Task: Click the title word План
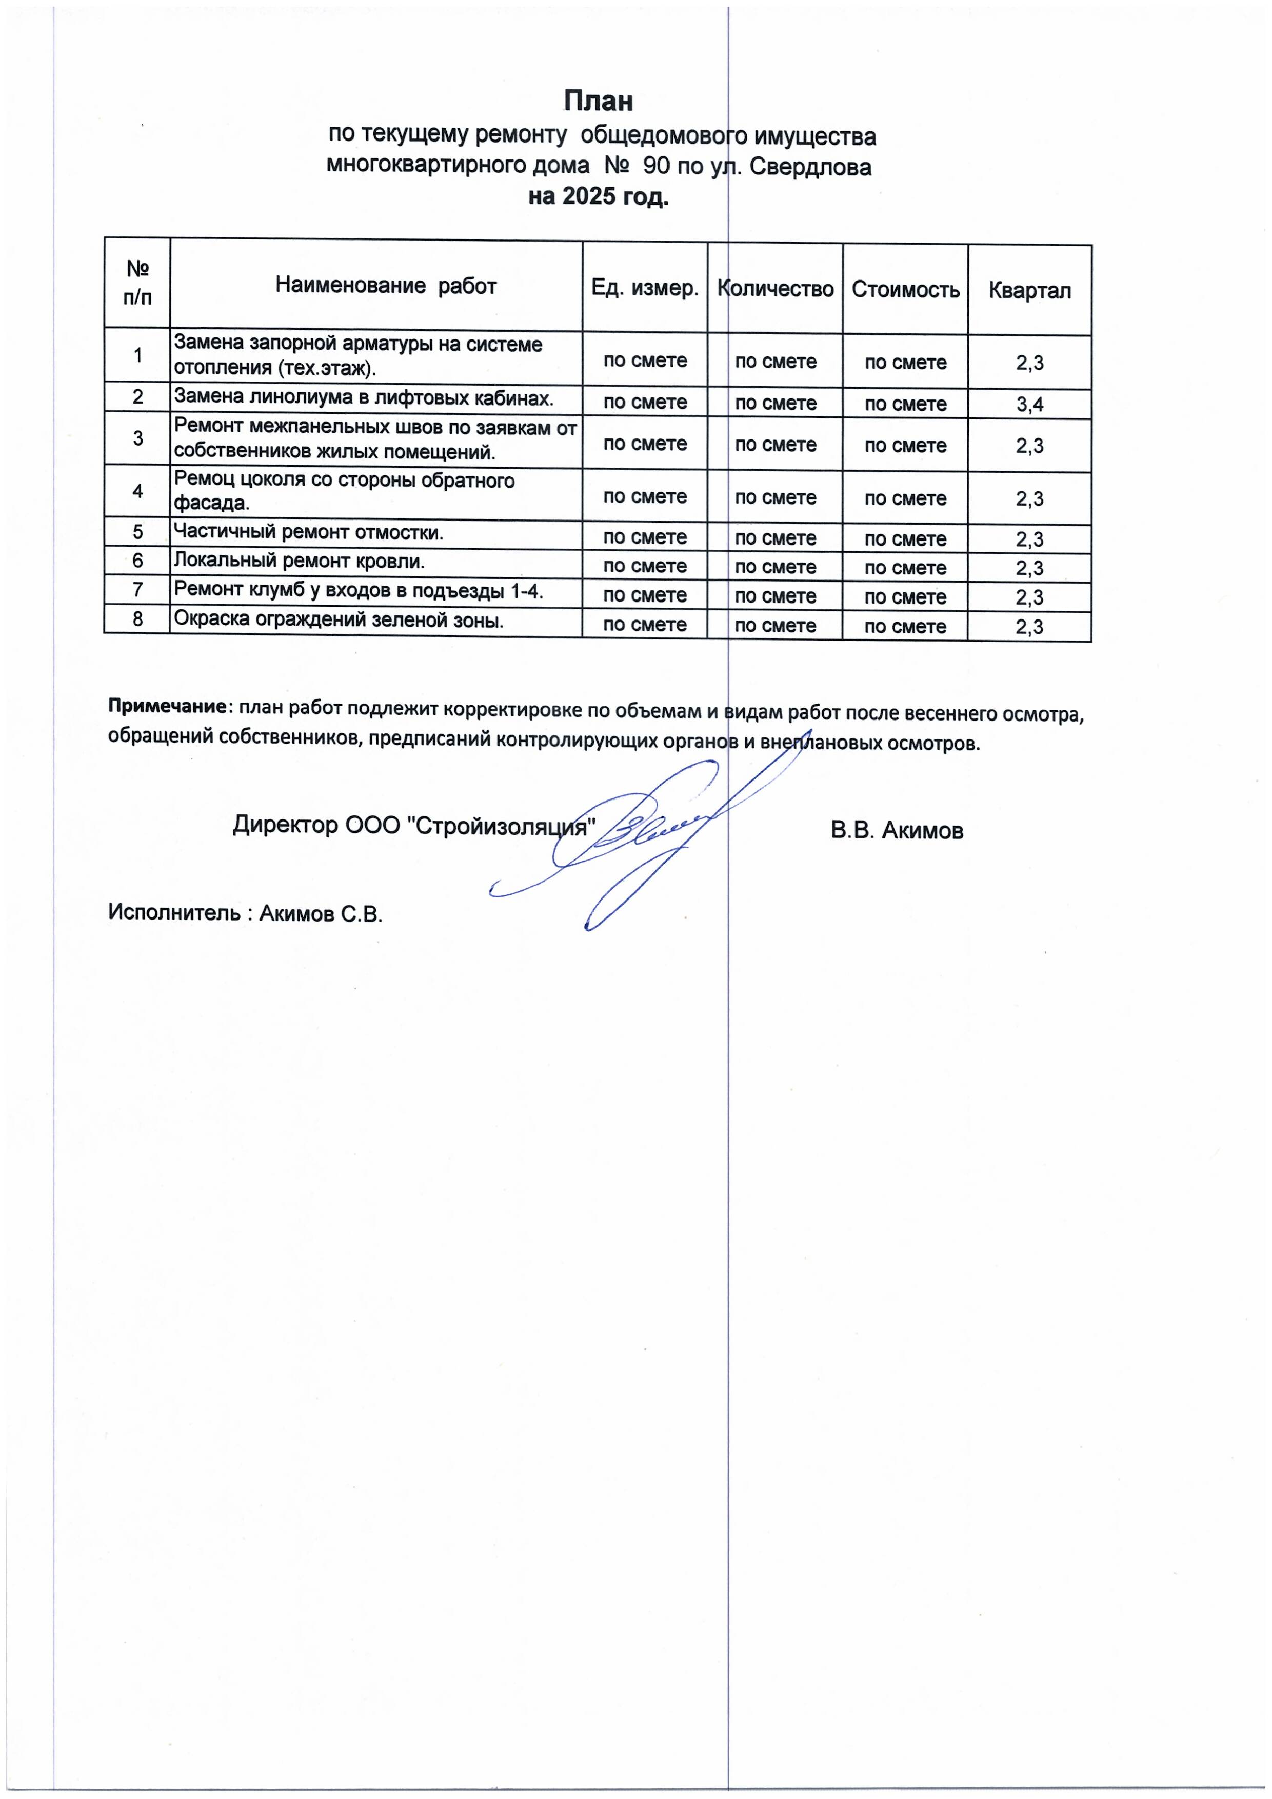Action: [x=598, y=101]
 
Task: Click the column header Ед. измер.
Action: [x=644, y=288]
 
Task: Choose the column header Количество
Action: [x=775, y=289]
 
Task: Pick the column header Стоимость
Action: [x=905, y=290]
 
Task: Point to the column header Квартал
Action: [x=1029, y=291]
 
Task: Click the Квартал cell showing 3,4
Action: [x=1029, y=404]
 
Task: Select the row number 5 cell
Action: [x=137, y=532]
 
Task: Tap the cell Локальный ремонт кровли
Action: [x=299, y=561]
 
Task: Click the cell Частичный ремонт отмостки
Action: [x=308, y=533]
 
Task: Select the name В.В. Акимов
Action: [x=897, y=831]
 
